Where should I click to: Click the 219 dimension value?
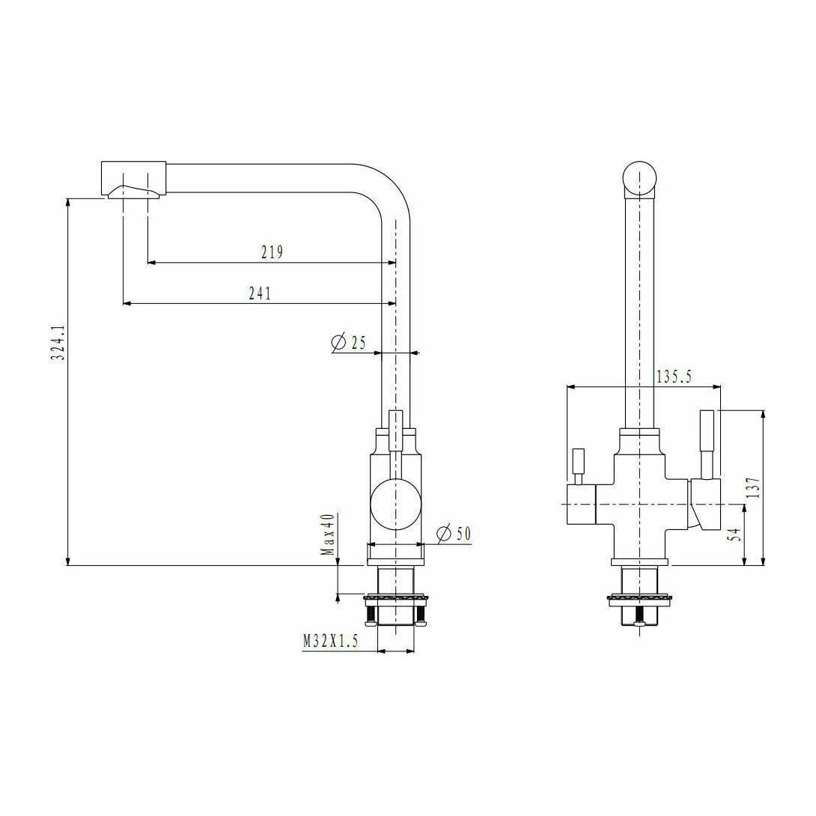coord(272,252)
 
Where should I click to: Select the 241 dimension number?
coord(260,293)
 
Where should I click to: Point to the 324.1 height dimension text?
coord(58,343)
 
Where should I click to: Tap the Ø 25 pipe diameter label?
coord(348,343)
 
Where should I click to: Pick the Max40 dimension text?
coord(327,535)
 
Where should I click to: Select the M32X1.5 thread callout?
coord(332,642)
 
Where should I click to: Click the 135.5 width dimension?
coord(674,377)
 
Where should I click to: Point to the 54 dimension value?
coord(734,535)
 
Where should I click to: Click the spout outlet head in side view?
coord(133,180)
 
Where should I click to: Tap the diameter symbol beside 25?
coord(338,343)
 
